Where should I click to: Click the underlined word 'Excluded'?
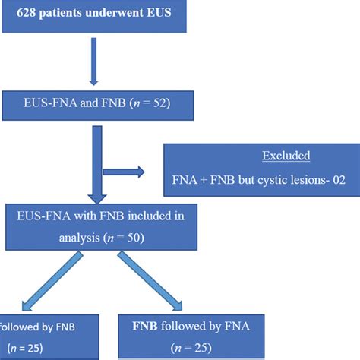pyautogui.click(x=286, y=156)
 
